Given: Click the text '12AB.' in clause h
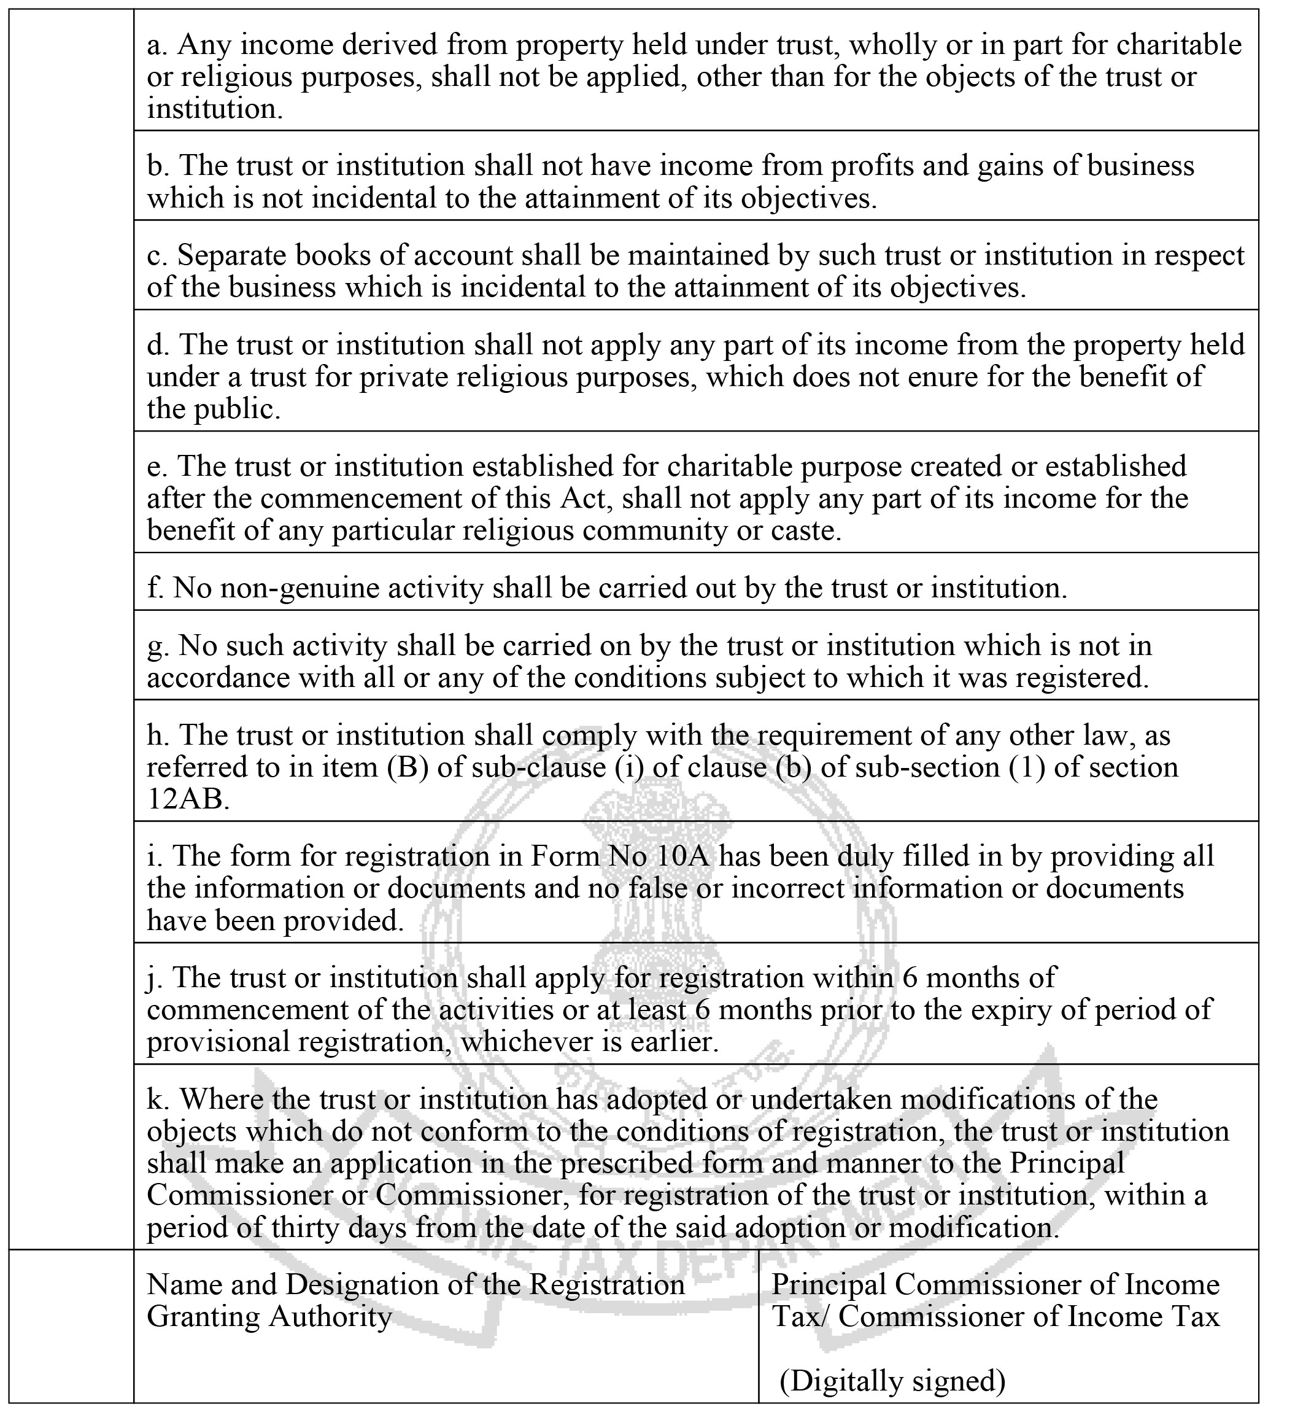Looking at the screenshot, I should click(188, 799).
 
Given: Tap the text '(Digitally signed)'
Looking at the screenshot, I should click(892, 1380).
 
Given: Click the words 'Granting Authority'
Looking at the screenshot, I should click(269, 1316).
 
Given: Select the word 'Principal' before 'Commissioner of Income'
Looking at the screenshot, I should click(829, 1284).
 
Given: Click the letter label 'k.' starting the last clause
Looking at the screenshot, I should click(158, 1100).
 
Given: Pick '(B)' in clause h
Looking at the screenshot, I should click(408, 767).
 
